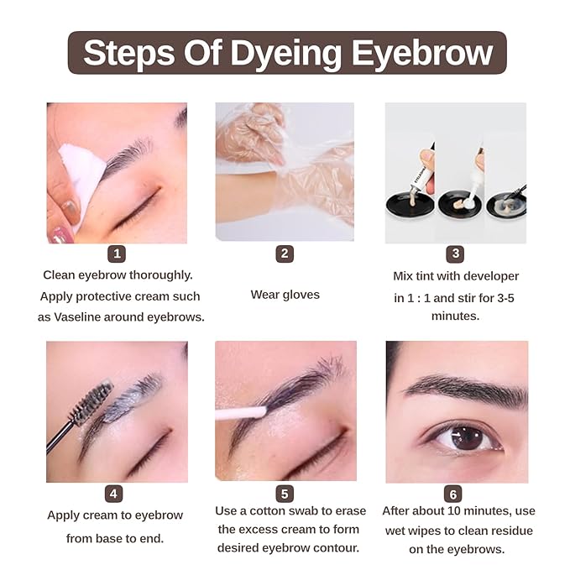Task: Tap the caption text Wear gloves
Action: click(285, 295)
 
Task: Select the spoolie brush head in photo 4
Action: click(92, 402)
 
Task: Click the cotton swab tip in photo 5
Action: click(252, 412)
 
